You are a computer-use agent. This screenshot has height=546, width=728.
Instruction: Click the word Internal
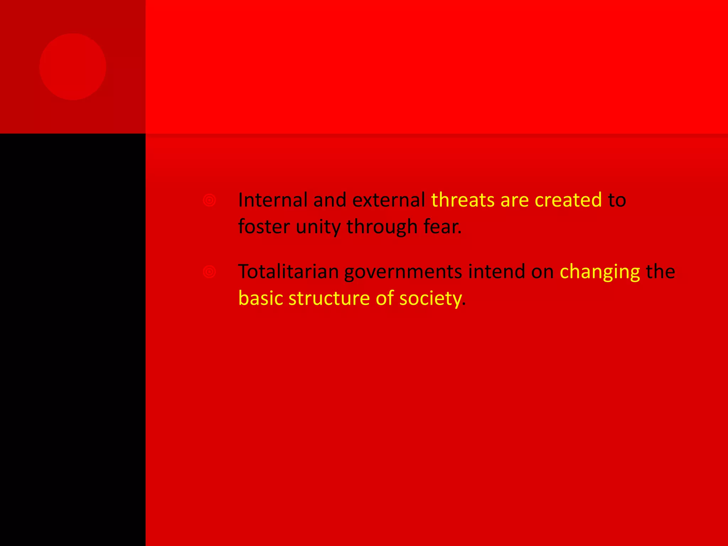click(x=273, y=200)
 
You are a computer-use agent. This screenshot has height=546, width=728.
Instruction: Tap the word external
click(x=389, y=200)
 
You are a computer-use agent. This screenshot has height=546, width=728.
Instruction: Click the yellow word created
click(x=568, y=200)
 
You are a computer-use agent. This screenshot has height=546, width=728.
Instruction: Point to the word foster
click(x=264, y=226)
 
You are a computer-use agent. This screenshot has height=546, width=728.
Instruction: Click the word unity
click(x=318, y=227)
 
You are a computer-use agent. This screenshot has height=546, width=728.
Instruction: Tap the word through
click(x=382, y=227)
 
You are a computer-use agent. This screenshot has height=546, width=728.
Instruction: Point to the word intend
click(x=497, y=272)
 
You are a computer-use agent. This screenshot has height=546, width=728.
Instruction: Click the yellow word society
click(x=430, y=299)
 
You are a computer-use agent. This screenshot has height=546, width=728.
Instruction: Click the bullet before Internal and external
click(x=209, y=200)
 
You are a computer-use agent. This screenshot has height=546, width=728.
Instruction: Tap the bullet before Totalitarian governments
click(x=209, y=272)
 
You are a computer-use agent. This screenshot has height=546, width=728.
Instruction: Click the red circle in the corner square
click(x=73, y=67)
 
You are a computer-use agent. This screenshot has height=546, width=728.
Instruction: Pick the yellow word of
click(x=385, y=298)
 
